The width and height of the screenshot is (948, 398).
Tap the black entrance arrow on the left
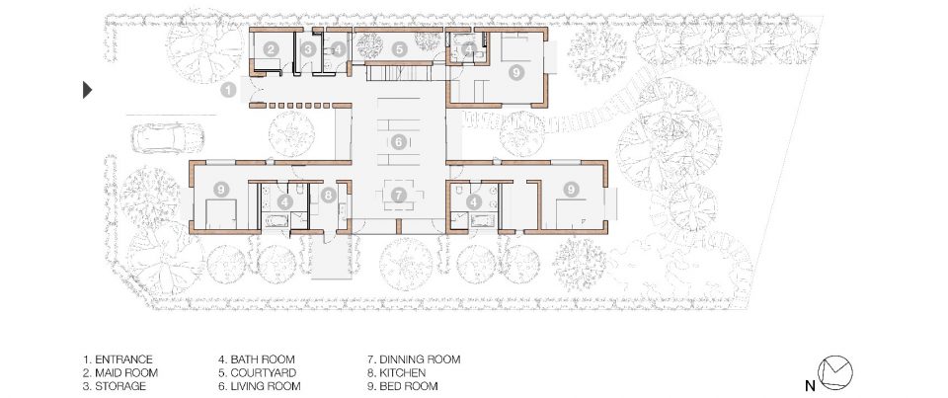tap(88, 90)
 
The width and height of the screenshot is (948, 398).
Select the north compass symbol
tap(835, 371)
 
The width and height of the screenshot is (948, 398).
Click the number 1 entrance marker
tap(228, 91)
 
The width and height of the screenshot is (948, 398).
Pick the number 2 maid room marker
tap(272, 49)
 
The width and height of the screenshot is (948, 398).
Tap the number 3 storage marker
tap(308, 49)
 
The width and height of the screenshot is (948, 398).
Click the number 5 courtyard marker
tap(398, 49)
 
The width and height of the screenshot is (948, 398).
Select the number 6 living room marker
tap(398, 143)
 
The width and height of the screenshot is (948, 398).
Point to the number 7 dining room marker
tap(398, 195)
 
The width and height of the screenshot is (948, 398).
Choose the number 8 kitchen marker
tap(328, 195)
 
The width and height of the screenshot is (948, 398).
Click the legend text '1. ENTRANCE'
tap(118, 359)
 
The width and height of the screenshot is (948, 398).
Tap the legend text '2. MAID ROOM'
tap(120, 372)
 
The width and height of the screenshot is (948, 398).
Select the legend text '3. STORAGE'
tap(115, 386)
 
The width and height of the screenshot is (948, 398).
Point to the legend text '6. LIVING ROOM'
tap(260, 386)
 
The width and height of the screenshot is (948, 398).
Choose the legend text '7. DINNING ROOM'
tap(414, 359)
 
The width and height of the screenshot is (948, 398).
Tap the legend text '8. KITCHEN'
tap(397, 372)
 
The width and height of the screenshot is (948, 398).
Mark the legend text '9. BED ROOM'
tap(403, 386)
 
